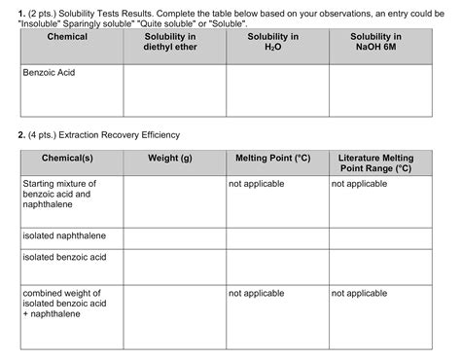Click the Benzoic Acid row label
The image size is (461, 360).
point(49,73)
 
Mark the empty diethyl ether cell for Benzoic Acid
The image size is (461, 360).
point(175,90)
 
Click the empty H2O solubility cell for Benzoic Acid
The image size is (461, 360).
point(277,90)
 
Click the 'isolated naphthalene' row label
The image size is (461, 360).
point(64,235)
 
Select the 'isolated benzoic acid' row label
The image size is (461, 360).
point(64,257)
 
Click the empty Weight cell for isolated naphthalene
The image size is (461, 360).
point(175,238)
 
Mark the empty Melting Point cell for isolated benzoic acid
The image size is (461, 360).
point(277,267)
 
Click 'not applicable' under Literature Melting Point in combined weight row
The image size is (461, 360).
point(360,292)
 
